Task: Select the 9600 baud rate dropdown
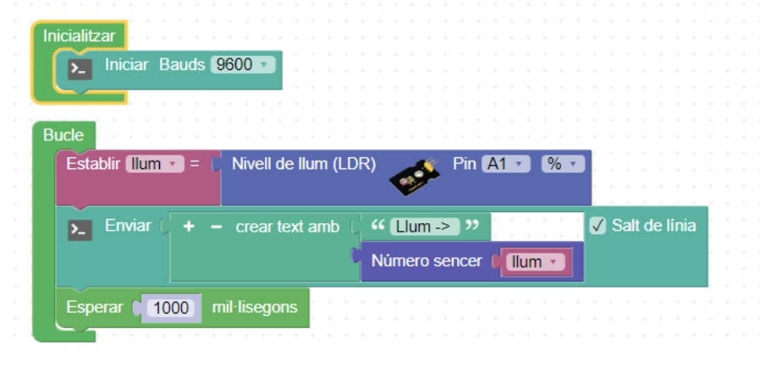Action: (242, 64)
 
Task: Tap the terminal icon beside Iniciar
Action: (80, 68)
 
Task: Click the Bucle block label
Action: (63, 135)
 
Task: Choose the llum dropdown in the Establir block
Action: (154, 164)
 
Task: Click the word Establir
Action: (93, 164)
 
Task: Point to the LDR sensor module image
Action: (414, 172)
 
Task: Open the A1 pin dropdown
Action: (505, 164)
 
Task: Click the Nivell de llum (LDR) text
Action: (304, 164)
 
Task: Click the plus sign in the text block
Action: (189, 227)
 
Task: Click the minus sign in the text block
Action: (216, 227)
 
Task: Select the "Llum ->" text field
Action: (424, 227)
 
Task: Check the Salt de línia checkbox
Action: (598, 227)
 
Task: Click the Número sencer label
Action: (427, 261)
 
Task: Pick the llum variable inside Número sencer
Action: (533, 262)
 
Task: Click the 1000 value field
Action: (172, 308)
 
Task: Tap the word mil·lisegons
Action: (255, 307)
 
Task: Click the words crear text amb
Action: (287, 227)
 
